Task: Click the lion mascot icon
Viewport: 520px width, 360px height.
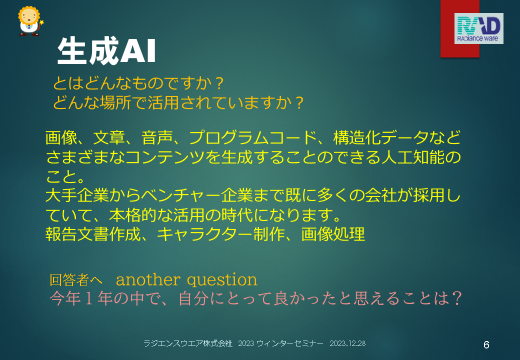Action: [30, 21]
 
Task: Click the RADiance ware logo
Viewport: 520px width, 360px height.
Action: [478, 28]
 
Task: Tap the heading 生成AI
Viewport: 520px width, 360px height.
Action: [106, 50]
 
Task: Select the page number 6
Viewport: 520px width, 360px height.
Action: [486, 345]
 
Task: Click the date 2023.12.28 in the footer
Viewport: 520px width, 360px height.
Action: [347, 343]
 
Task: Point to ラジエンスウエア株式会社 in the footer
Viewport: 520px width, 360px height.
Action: [187, 343]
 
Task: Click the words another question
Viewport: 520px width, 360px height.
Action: [186, 280]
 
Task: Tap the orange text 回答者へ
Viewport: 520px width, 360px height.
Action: [76, 280]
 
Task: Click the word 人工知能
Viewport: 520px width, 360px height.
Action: [413, 157]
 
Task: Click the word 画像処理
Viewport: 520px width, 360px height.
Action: [333, 234]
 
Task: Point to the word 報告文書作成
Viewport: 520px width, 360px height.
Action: [93, 234]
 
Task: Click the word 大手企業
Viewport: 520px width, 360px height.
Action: [77, 195]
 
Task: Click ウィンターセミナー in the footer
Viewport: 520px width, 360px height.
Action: [289, 343]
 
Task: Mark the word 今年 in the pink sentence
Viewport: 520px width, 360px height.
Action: [65, 298]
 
